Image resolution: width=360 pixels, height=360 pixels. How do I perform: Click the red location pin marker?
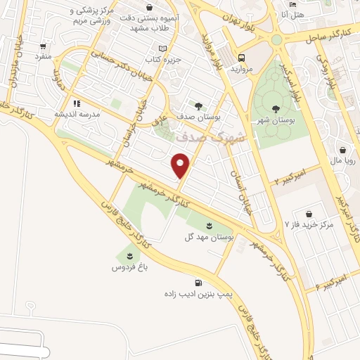181,165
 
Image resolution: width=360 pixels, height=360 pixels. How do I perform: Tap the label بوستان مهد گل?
210,238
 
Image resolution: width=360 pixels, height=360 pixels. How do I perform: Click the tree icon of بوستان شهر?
276,108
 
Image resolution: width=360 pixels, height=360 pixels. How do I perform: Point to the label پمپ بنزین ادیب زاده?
188,293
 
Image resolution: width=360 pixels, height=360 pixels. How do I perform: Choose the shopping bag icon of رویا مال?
342,150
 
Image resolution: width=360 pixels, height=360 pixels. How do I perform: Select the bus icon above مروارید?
242,58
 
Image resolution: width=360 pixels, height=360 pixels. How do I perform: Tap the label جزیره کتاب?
163,60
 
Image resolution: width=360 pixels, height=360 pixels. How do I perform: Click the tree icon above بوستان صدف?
199,105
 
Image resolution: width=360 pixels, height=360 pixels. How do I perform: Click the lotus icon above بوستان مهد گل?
210,225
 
